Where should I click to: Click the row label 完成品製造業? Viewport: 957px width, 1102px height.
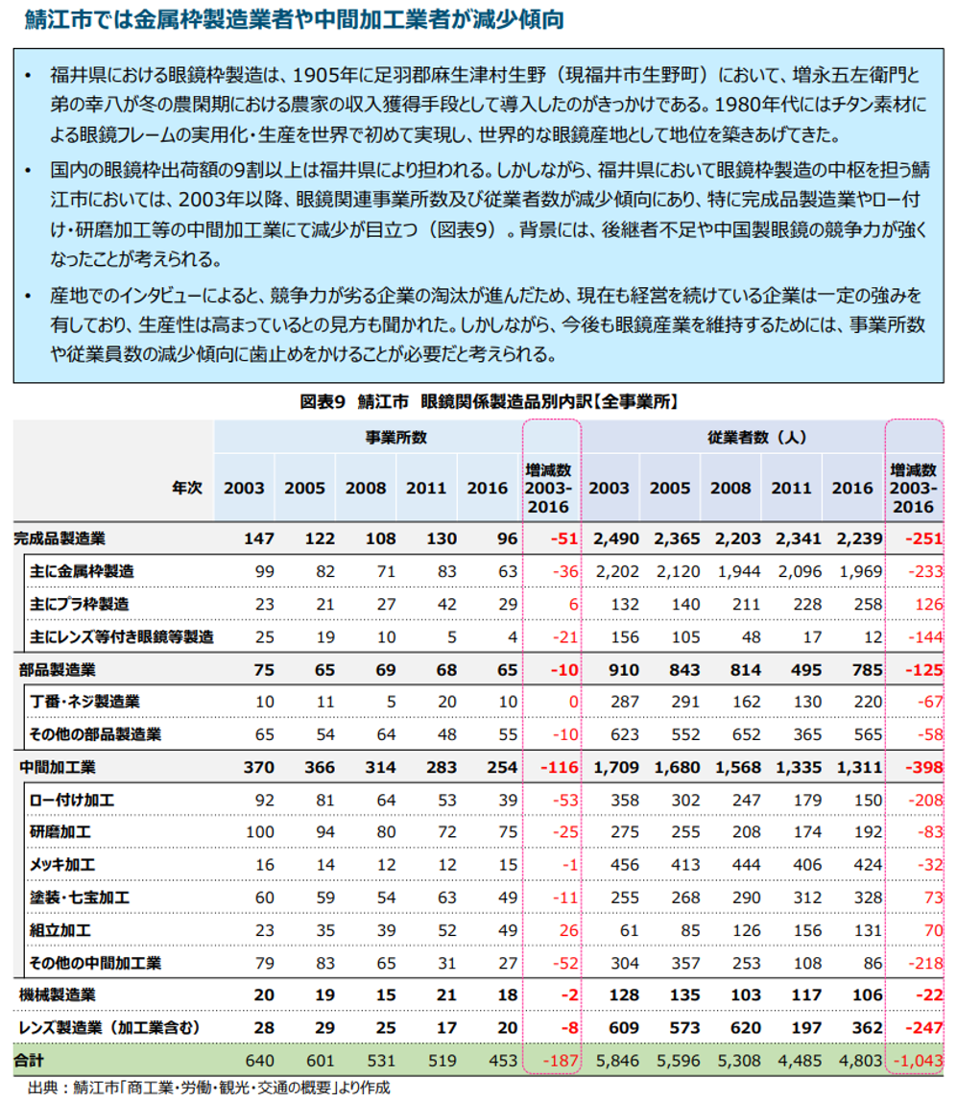click(60, 539)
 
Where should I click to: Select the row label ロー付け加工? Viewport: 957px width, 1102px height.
click(72, 800)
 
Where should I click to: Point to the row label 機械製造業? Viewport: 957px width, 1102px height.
click(57, 995)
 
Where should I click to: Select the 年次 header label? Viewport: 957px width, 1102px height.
click(187, 488)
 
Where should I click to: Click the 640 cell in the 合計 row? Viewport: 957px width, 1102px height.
click(259, 1061)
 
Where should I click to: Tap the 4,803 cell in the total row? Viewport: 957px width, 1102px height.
click(853, 1061)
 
